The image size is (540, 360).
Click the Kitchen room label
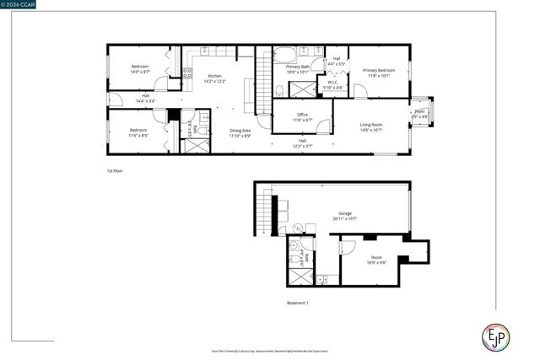(x=215, y=77)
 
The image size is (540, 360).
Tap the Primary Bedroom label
(x=379, y=71)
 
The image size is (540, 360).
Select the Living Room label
(x=371, y=125)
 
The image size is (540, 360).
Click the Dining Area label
(x=240, y=131)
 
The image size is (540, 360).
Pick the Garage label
(x=345, y=213)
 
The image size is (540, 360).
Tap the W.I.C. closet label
(x=335, y=83)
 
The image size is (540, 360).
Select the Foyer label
(x=419, y=111)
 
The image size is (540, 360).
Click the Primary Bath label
(x=298, y=67)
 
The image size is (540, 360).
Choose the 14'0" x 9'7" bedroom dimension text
(x=140, y=72)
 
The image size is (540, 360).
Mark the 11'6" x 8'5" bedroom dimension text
(x=138, y=135)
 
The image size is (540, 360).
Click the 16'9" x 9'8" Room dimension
(x=376, y=263)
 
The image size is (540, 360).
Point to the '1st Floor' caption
(x=116, y=171)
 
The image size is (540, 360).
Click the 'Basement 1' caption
(x=297, y=303)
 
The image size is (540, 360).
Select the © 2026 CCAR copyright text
(x=19, y=5)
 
